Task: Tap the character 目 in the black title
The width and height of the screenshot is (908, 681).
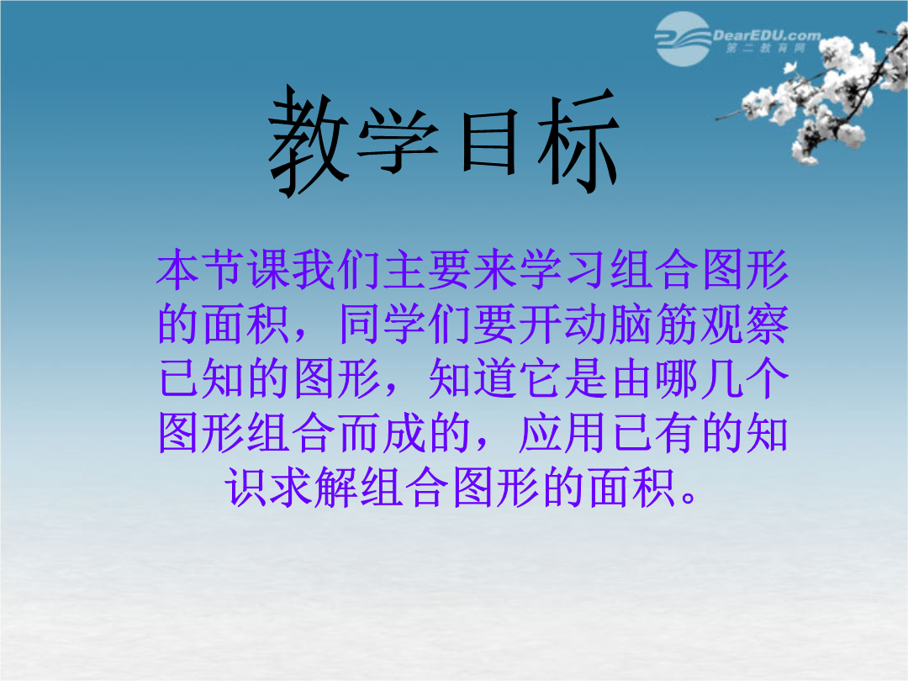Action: [x=488, y=141]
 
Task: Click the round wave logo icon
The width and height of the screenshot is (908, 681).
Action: [x=683, y=39]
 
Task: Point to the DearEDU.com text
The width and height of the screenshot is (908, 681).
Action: [x=767, y=35]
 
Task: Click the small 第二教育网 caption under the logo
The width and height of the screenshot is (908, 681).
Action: [x=766, y=48]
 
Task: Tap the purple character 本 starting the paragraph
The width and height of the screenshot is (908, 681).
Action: [x=178, y=269]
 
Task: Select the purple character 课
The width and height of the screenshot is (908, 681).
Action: [x=269, y=269]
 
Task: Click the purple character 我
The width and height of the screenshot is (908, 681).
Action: [x=314, y=269]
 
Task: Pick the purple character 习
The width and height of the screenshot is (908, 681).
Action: [x=585, y=269]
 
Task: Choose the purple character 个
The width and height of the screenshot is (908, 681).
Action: [x=767, y=377]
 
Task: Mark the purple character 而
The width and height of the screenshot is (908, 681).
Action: [x=359, y=432]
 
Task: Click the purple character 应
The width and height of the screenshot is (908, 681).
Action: [x=541, y=432]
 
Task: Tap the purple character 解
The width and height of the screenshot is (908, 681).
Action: [x=336, y=487]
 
